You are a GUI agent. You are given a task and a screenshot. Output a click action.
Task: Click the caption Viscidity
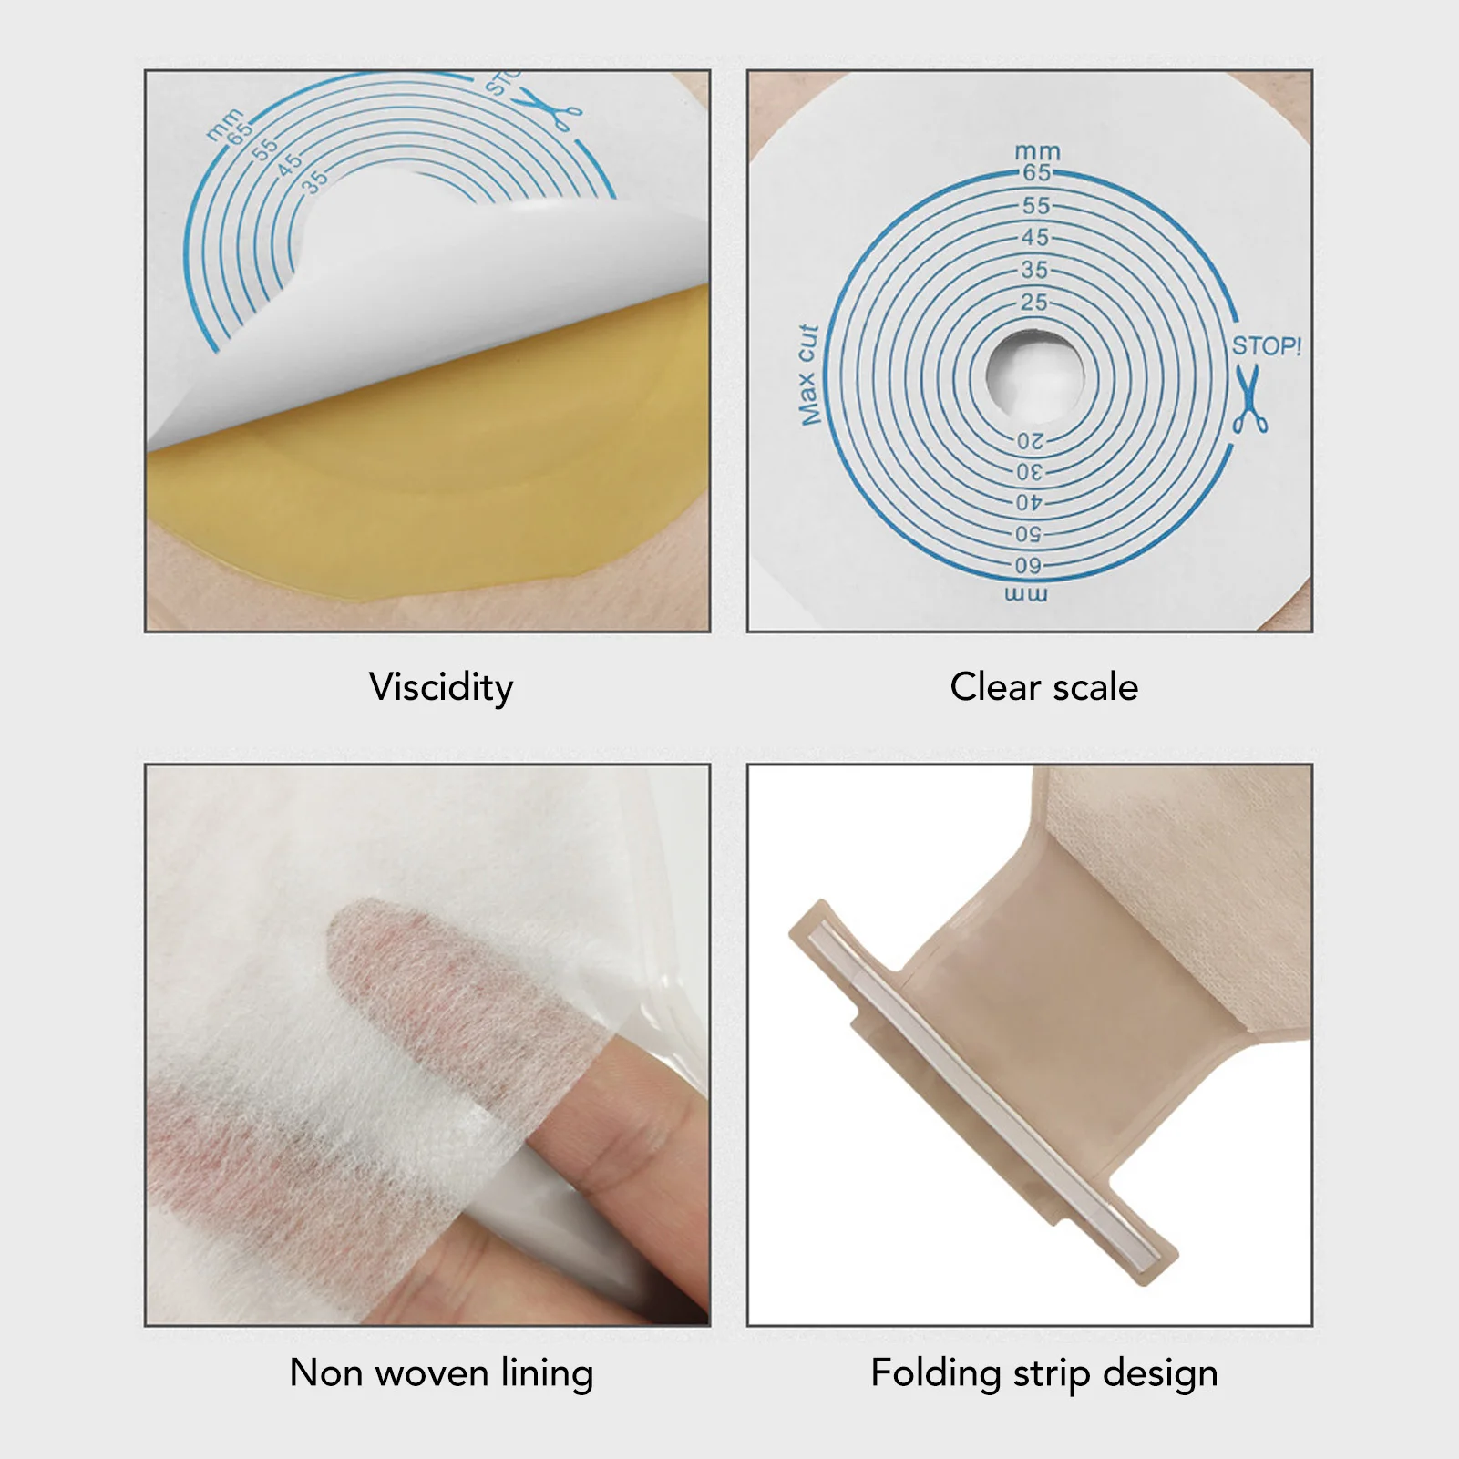coord(441,686)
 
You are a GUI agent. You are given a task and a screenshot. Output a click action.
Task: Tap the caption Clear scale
coord(1043,687)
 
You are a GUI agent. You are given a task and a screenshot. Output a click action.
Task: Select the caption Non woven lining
coord(441,1372)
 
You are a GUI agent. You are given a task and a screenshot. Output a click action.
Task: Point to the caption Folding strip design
coord(1043,1372)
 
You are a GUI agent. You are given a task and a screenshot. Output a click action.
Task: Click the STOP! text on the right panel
coord(1266,346)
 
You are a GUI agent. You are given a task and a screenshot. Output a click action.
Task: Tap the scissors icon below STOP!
coord(1249,399)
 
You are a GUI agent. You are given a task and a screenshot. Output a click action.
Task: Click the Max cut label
coord(808,375)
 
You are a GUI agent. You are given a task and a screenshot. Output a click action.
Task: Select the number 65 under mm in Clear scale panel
coord(1036,172)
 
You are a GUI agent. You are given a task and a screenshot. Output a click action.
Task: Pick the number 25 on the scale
coord(1034,302)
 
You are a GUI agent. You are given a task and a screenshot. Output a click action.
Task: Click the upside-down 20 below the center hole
coord(1031,442)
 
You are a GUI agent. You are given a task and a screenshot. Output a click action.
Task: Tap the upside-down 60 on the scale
coord(1028,566)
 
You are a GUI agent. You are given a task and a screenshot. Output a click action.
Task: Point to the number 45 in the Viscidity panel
coord(289,164)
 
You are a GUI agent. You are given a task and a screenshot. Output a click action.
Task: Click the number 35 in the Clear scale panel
coord(1034,270)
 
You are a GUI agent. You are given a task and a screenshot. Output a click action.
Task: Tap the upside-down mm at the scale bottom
coord(1026,595)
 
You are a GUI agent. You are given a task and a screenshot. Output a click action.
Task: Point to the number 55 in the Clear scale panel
coord(1035,206)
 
